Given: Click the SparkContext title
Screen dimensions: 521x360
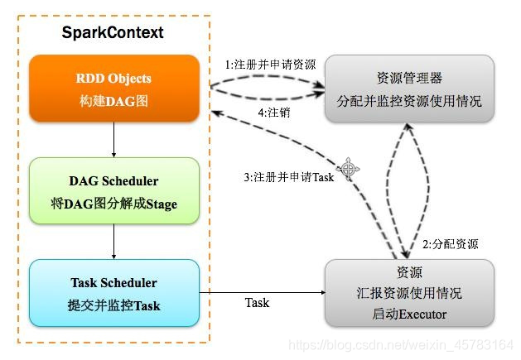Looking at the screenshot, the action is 113,32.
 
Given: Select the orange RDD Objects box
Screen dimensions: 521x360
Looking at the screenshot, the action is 114,89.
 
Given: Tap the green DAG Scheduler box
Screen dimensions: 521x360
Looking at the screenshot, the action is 114,190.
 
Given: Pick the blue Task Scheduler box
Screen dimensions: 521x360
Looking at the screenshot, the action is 114,293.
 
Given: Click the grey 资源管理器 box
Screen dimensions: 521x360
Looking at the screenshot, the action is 409,89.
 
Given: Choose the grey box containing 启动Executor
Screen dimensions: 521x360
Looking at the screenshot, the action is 409,293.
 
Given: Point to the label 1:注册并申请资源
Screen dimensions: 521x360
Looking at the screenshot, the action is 271,65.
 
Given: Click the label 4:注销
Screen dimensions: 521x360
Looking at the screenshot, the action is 274,113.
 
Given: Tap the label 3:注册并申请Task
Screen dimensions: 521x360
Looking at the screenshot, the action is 289,177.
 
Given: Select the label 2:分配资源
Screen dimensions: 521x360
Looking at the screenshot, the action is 451,244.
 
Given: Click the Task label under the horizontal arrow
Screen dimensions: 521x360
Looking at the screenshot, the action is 257,303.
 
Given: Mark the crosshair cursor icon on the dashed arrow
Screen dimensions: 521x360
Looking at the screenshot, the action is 348,169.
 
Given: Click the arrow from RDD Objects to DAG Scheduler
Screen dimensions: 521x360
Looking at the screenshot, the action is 114,140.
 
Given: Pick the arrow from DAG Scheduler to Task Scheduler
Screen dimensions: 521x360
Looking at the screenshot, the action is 114,242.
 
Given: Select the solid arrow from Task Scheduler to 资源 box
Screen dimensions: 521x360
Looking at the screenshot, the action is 263,293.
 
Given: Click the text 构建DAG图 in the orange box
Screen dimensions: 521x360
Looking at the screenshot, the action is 113,101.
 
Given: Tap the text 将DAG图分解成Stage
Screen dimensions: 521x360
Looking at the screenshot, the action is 114,204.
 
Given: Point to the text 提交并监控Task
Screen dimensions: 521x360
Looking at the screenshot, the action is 114,305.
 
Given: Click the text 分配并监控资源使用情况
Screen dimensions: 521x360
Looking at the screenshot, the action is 409,101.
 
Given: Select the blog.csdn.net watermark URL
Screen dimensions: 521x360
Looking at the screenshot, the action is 401,345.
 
